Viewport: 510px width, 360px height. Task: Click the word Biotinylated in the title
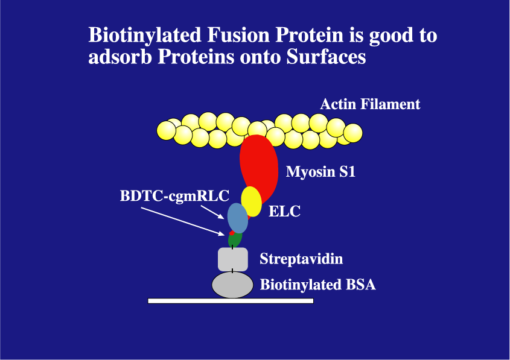click(x=145, y=36)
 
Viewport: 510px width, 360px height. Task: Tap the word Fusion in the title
click(x=238, y=35)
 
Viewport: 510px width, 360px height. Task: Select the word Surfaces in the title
click(x=327, y=57)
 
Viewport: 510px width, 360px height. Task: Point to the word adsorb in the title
click(x=120, y=57)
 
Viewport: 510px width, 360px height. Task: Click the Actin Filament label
click(x=370, y=104)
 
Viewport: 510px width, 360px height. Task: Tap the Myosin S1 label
click(x=320, y=171)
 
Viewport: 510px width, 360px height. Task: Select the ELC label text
click(x=284, y=211)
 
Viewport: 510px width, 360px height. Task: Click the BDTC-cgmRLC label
click(x=174, y=195)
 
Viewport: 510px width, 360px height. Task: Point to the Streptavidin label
click(x=301, y=259)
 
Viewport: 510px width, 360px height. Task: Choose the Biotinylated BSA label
click(x=318, y=285)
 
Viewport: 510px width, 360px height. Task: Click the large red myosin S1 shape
click(x=259, y=166)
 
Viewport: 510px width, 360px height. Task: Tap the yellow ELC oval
click(x=252, y=201)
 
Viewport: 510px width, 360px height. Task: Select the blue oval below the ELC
click(x=237, y=218)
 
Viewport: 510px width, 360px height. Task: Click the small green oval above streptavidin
click(x=235, y=240)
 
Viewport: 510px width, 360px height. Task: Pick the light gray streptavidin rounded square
click(x=233, y=259)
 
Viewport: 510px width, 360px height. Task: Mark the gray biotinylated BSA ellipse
click(x=232, y=285)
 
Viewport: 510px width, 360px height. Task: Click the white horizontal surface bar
click(x=231, y=301)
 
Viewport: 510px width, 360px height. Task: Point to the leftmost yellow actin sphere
click(x=166, y=130)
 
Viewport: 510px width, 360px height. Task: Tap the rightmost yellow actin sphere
click(x=353, y=133)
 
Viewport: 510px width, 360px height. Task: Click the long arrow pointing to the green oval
click(x=183, y=221)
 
